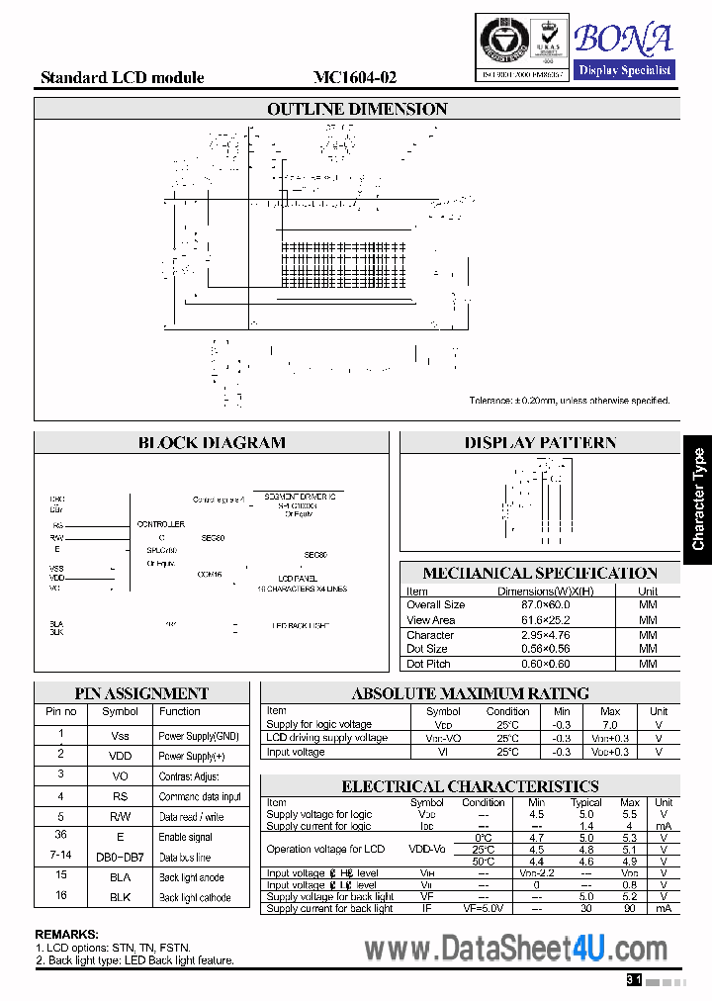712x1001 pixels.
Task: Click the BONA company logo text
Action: (x=623, y=39)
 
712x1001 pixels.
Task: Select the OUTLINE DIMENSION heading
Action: (x=357, y=109)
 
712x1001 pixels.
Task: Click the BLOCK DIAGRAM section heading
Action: (x=212, y=443)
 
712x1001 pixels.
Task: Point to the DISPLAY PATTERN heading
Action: (x=540, y=443)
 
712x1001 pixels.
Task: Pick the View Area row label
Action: (x=431, y=620)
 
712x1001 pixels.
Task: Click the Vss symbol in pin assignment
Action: (x=120, y=736)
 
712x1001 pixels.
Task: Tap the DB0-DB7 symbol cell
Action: (x=120, y=857)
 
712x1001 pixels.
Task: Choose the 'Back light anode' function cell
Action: (x=192, y=877)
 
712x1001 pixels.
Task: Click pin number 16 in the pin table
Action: (x=60, y=895)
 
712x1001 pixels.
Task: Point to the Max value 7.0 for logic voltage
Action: (x=610, y=725)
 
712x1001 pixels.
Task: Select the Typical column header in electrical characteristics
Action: (x=586, y=802)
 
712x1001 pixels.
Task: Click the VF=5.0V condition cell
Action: (x=484, y=908)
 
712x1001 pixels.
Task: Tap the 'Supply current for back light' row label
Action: (x=329, y=908)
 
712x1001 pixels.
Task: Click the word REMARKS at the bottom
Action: (x=66, y=934)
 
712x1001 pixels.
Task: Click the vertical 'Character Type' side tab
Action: (x=698, y=500)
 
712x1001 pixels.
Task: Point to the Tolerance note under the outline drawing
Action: (x=570, y=401)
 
